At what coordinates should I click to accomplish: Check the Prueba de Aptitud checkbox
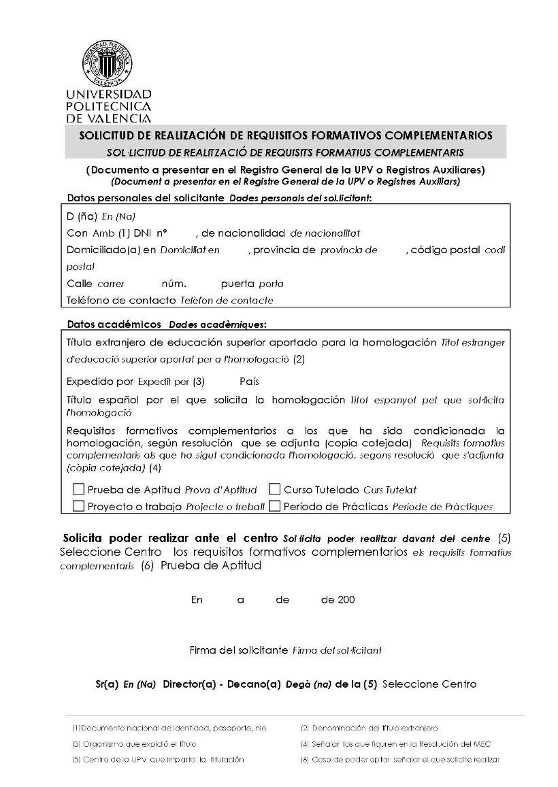pos(79,489)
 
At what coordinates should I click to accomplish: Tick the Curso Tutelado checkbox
pos(275,489)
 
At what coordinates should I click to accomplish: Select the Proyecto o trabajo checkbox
pos(79,506)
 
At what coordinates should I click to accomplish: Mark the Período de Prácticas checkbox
pos(275,506)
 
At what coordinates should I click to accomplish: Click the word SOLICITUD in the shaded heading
pos(109,135)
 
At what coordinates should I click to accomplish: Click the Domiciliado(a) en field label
pos(112,250)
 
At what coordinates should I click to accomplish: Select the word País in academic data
pos(249,381)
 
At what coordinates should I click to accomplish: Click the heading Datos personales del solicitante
pos(146,198)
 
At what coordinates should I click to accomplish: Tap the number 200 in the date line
pos(346,600)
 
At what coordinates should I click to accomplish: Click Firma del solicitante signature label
pos(238,650)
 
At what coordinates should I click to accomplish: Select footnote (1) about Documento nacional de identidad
pos(169,728)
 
